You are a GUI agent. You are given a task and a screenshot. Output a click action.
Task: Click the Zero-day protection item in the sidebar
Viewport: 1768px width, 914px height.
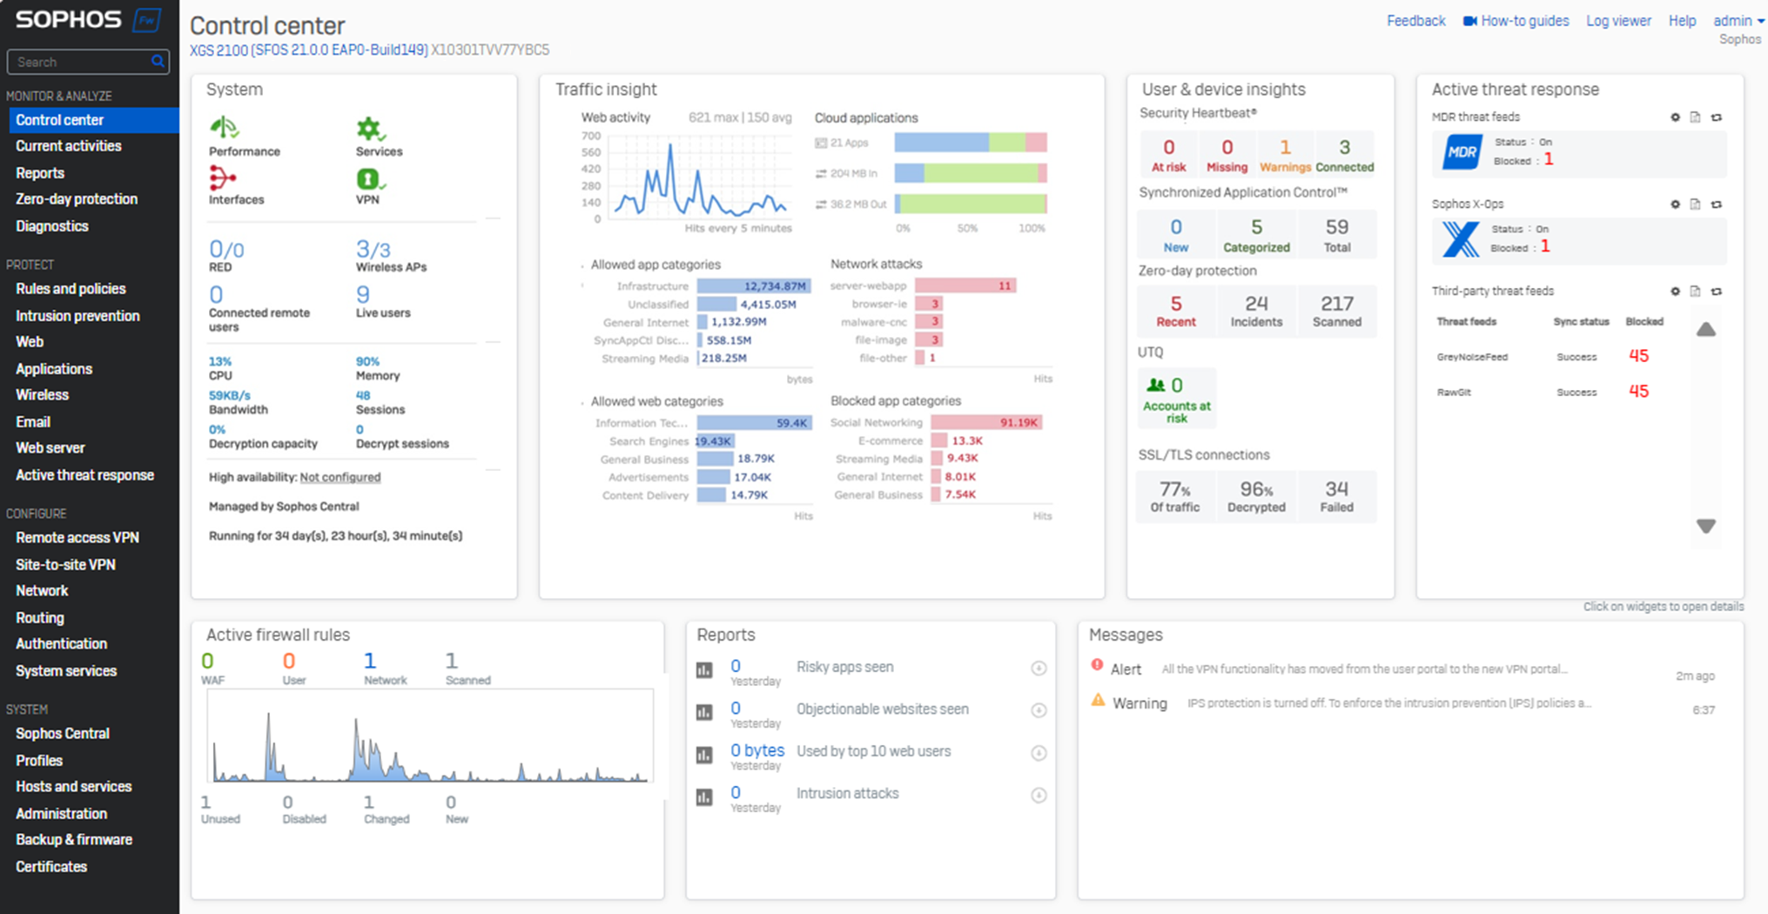pos(77,199)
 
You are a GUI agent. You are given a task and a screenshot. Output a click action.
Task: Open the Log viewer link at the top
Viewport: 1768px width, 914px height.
pos(1617,21)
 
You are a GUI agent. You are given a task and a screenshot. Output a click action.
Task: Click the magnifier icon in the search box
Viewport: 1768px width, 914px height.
pos(158,62)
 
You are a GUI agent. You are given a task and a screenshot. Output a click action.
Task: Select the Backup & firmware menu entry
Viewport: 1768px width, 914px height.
pos(74,840)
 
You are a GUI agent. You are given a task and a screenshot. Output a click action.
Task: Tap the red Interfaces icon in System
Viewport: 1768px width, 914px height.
pos(222,178)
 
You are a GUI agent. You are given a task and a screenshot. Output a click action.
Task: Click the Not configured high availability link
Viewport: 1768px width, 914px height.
pos(339,477)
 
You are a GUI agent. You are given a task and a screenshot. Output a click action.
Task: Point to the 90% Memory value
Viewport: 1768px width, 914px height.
pos(367,361)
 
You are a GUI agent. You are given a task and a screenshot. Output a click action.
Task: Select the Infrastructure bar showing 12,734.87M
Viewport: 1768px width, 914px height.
pos(754,286)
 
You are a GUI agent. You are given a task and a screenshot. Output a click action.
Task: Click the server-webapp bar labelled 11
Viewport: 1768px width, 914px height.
pos(965,286)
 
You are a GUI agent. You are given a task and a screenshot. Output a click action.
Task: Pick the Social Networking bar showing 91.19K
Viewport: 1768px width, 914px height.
pos(986,422)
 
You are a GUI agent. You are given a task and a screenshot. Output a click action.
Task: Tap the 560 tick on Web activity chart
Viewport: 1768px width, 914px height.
pos(591,152)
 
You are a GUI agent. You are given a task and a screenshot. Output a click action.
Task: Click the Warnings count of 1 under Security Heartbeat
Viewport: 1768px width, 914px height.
pos(1285,148)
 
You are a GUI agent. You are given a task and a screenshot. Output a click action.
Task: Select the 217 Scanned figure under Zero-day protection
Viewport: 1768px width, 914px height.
pos(1336,304)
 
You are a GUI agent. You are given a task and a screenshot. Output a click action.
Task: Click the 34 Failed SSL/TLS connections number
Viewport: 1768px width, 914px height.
pos(1336,489)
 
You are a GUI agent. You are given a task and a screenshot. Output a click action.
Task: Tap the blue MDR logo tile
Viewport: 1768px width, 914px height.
pos(1462,152)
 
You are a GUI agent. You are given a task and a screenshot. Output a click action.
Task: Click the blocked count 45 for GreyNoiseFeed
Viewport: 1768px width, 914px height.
pos(1638,356)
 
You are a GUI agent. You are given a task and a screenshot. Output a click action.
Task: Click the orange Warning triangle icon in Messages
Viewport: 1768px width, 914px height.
pos(1098,701)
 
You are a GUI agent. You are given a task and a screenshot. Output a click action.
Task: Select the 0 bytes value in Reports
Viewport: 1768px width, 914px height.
pos(756,750)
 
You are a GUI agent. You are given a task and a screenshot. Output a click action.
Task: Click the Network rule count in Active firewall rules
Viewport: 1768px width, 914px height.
pos(370,662)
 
